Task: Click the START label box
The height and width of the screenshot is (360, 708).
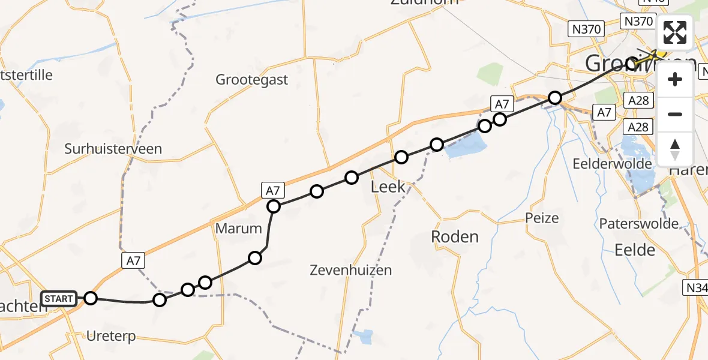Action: click(59, 298)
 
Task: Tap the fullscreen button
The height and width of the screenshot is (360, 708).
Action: click(675, 32)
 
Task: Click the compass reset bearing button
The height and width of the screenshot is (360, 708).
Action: click(675, 148)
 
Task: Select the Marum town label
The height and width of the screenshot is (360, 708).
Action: click(239, 229)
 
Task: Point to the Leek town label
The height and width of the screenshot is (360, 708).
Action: click(388, 187)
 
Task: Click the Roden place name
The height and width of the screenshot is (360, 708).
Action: click(455, 237)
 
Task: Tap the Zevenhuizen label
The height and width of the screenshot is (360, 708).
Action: click(350, 270)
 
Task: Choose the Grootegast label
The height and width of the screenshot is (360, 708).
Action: click(252, 80)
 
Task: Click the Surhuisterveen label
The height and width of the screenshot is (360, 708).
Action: click(113, 149)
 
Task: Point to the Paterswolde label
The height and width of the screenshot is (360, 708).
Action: click(639, 224)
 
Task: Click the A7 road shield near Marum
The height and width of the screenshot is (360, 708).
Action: click(273, 191)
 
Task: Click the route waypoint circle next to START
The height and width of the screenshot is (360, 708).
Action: click(90, 298)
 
